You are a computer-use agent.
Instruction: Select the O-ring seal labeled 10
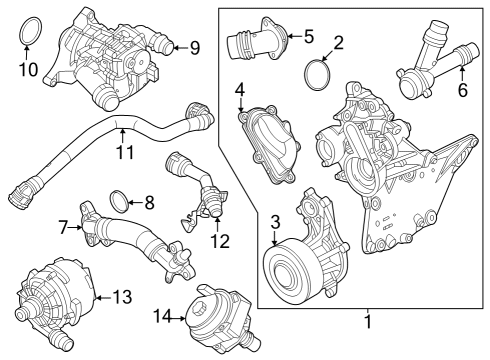coord(30,31)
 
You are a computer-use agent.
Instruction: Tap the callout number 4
coord(240,94)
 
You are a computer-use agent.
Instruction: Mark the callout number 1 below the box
coord(367,322)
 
